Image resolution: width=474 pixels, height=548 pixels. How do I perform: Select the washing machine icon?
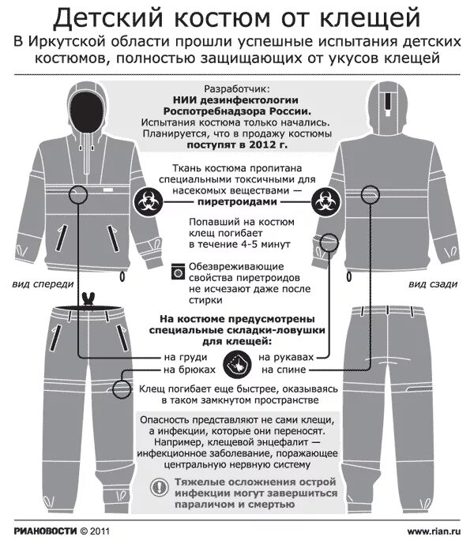point(179,272)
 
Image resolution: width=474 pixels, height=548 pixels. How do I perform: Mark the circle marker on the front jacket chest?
point(78,194)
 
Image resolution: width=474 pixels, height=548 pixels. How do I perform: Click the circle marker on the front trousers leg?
point(122,388)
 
